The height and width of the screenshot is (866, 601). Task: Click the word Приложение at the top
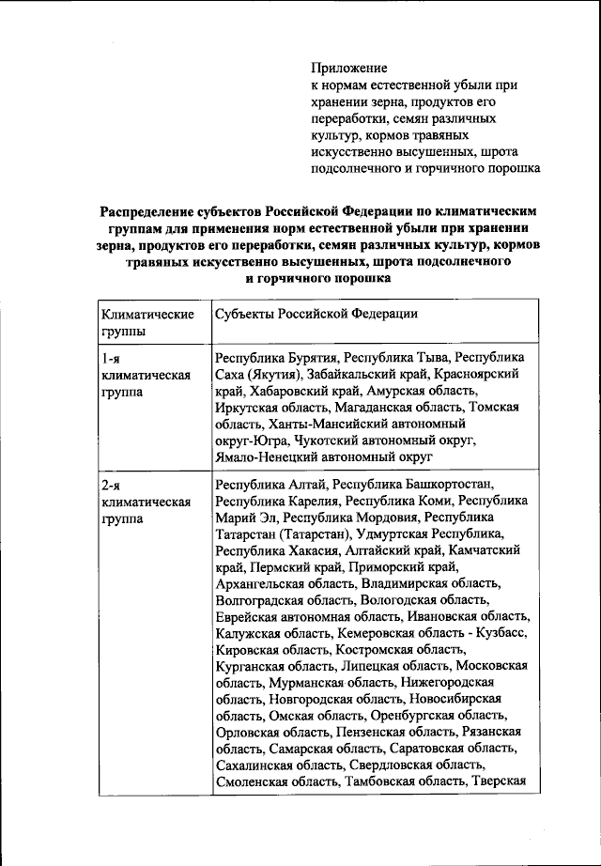click(x=348, y=69)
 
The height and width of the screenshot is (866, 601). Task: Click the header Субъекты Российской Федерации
click(x=316, y=314)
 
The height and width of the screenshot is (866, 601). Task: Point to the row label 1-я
click(x=110, y=358)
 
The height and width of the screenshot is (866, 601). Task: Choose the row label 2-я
click(x=110, y=485)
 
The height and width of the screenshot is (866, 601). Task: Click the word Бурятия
click(x=308, y=358)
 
